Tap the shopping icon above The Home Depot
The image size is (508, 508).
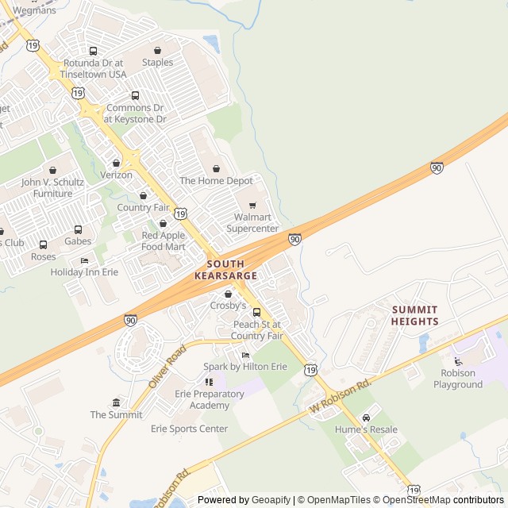pos(216,168)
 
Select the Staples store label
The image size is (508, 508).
pos(157,62)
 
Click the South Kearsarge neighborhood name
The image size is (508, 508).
pos(226,269)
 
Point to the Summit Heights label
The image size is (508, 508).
pos(414,315)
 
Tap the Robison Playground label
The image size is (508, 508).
pos(458,379)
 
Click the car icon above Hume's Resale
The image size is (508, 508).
pos(366,418)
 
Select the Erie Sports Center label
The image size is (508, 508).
pos(189,429)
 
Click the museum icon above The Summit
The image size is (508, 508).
pos(117,402)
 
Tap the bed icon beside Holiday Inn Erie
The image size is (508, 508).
pos(84,260)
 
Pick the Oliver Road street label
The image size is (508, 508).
pos(166,365)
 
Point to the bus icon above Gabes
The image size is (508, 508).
pos(78,229)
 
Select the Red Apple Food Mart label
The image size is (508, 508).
pos(163,241)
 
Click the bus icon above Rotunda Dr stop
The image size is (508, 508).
pos(94,52)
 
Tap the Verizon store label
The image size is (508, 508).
pos(116,175)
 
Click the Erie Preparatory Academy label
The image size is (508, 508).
pos(198,399)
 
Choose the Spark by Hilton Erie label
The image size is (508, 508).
pos(245,367)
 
